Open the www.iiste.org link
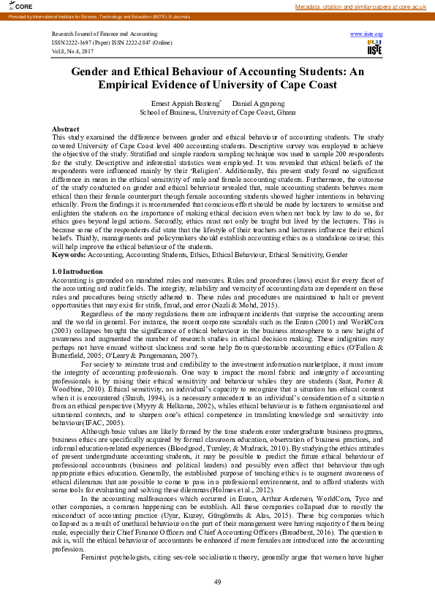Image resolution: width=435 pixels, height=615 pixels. click(366, 34)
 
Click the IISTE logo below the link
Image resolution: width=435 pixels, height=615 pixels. click(374, 47)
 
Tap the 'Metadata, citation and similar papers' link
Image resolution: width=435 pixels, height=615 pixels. click(360, 6)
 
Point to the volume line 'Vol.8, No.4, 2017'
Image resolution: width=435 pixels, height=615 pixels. click(74, 50)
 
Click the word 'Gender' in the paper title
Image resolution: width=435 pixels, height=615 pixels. click(95, 72)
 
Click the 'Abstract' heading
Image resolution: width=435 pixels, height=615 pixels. click(66, 128)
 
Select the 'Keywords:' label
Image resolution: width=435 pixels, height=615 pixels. click(69, 255)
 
